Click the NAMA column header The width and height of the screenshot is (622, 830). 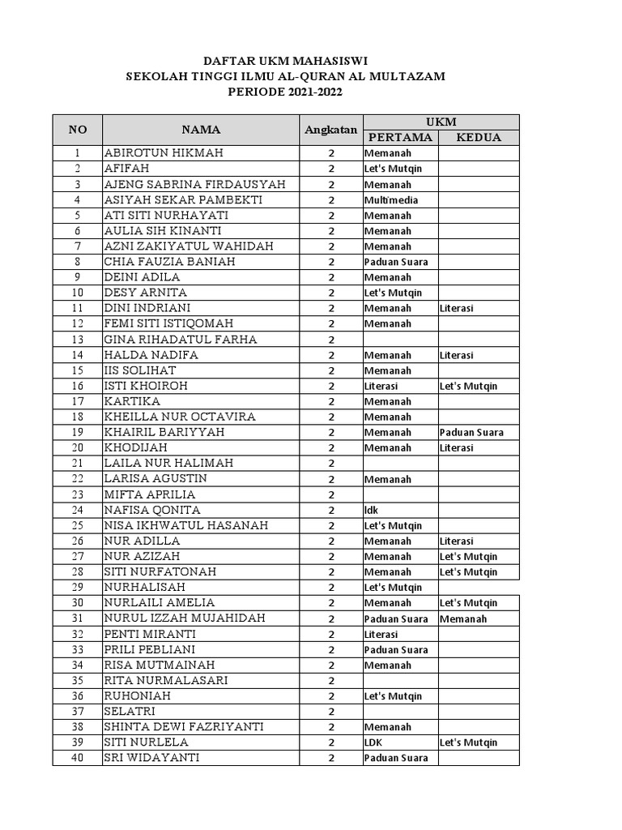click(x=200, y=130)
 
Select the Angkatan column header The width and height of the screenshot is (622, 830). click(x=330, y=130)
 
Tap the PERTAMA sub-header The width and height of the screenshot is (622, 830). click(x=400, y=138)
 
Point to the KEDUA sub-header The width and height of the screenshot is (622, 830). click(x=478, y=138)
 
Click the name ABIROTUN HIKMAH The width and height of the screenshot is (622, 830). click(x=164, y=153)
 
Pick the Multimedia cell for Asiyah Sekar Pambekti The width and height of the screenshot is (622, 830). click(x=390, y=199)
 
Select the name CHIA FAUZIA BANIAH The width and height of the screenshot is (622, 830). click(x=168, y=262)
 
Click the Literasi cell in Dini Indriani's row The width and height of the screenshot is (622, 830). click(x=457, y=308)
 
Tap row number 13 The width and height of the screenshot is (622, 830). click(x=78, y=340)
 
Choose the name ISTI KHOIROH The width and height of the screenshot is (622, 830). click(x=146, y=386)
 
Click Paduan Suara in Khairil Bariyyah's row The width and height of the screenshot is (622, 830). click(x=471, y=432)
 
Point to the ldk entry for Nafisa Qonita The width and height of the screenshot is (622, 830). click(x=372, y=510)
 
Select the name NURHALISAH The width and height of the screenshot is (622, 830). click(x=144, y=587)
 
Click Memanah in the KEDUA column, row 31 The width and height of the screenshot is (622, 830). click(x=463, y=618)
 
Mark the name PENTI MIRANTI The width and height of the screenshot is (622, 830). click(x=150, y=634)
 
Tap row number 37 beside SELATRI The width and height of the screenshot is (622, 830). click(x=78, y=711)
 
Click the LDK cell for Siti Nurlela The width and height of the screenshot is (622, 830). click(x=373, y=742)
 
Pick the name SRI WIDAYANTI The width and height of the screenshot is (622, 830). click(x=151, y=758)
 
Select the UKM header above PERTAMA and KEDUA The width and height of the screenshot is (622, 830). click(x=441, y=122)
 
